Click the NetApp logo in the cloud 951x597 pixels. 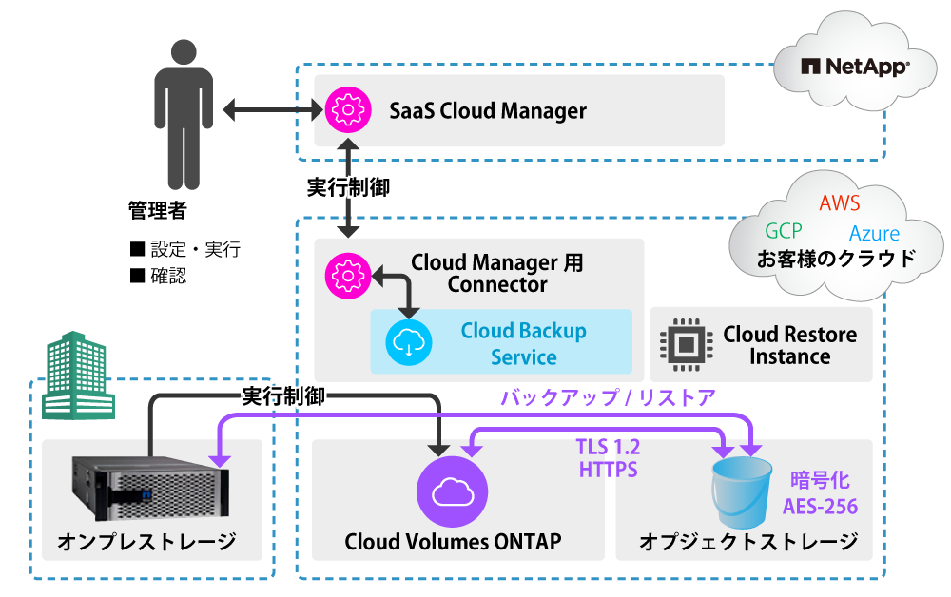coord(855,67)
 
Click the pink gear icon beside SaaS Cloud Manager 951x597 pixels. coord(345,110)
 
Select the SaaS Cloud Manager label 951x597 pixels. coord(488,111)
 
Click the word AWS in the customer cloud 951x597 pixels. coord(839,203)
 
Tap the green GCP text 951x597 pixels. coord(783,231)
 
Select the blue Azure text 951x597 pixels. coord(874,234)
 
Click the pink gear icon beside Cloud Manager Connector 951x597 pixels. coord(345,275)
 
